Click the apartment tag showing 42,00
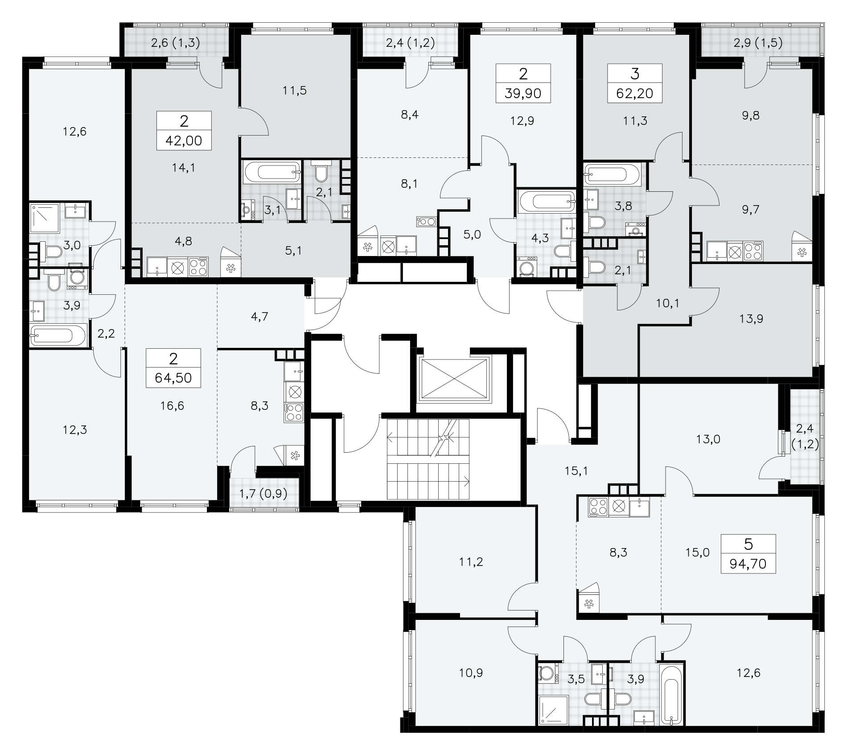pos(184,130)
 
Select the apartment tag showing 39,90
pos(523,83)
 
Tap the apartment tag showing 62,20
pos(635,83)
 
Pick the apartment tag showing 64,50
pos(173,368)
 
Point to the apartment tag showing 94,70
pos(748,553)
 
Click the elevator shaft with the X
pos(453,380)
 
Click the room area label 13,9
pos(751,318)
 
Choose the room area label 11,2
pos(471,562)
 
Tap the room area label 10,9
pos(471,672)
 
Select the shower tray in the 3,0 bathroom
pos(45,218)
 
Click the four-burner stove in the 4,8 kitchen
pos(198,267)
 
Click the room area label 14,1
pos(184,168)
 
